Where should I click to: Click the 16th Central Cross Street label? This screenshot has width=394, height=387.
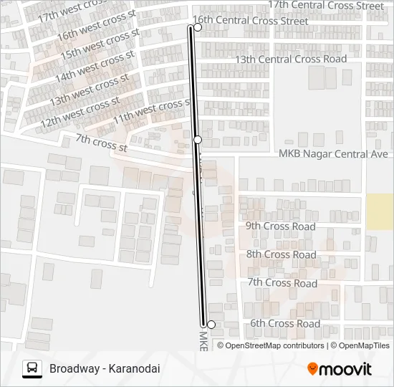(x=251, y=21)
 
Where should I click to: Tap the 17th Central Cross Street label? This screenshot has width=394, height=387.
(x=326, y=6)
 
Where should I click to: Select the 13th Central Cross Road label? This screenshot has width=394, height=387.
(x=291, y=59)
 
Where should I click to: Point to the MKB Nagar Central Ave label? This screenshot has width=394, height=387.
(x=333, y=154)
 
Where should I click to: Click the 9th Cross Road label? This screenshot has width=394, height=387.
(x=281, y=226)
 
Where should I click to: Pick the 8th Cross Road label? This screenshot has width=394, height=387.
(x=281, y=254)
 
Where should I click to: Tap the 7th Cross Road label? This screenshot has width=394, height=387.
(x=282, y=283)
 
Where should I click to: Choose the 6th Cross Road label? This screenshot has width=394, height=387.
(x=284, y=324)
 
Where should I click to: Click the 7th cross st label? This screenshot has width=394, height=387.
(x=101, y=143)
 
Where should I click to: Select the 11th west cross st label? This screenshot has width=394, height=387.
(x=151, y=111)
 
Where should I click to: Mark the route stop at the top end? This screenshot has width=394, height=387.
(x=198, y=27)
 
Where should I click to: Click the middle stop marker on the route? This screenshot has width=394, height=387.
(x=198, y=139)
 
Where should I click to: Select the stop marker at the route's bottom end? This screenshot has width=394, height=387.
(x=211, y=325)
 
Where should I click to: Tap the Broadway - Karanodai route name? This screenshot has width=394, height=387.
(x=105, y=369)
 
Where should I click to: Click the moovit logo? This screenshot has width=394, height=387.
(x=340, y=369)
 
